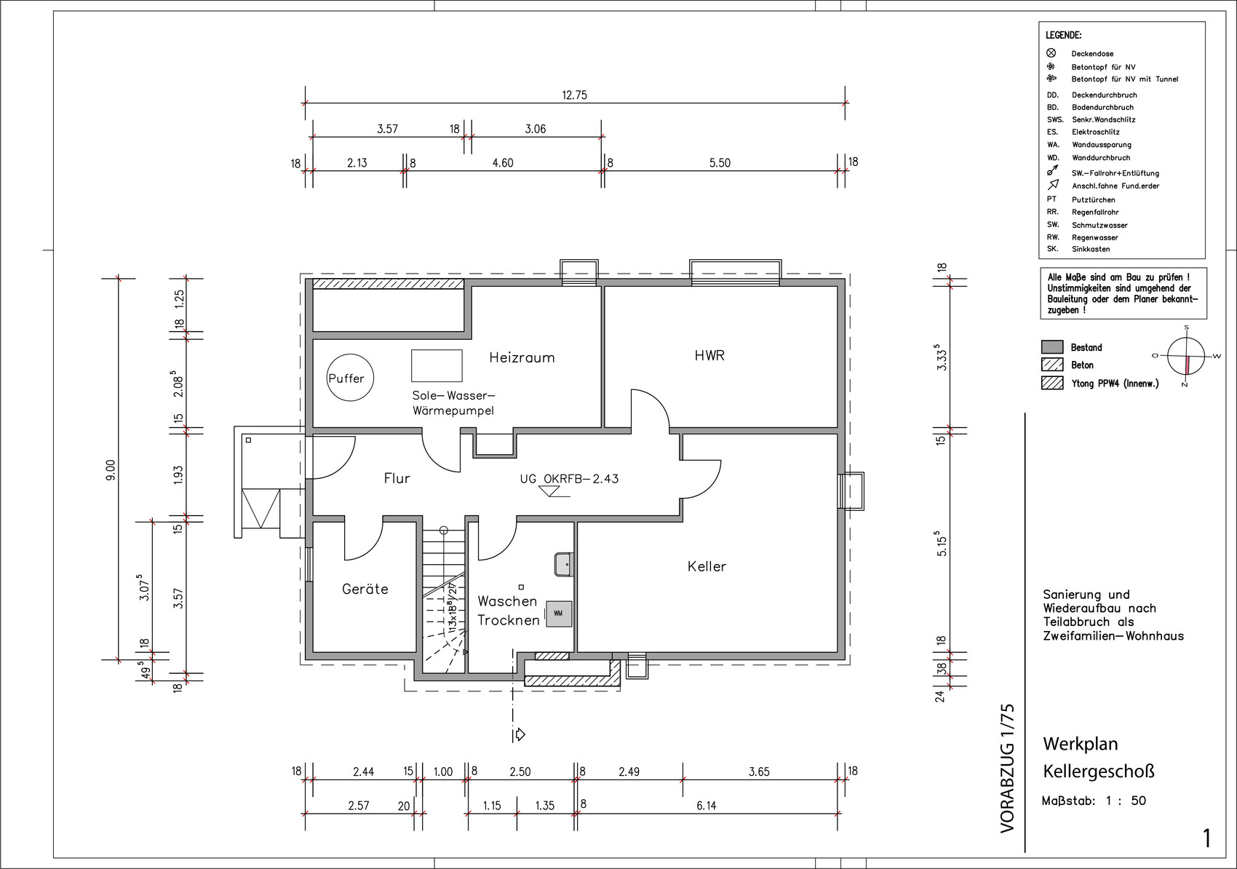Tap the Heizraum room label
[522, 358]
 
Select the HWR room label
[709, 356]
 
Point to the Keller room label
[707, 566]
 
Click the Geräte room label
[365, 589]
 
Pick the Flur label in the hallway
[397, 478]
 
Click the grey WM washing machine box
[559, 614]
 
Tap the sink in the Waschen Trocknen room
[564, 564]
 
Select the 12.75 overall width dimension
[574, 95]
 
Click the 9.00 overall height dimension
[111, 469]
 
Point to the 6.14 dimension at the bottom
[707, 806]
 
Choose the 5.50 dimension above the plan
[720, 163]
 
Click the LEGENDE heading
[1064, 36]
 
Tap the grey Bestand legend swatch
[1052, 347]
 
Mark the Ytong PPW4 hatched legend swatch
[1052, 383]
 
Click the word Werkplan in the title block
[1080, 744]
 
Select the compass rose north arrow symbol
[1186, 357]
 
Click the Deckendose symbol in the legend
[1051, 53]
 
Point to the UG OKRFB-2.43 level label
[569, 478]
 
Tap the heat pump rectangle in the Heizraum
[437, 365]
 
